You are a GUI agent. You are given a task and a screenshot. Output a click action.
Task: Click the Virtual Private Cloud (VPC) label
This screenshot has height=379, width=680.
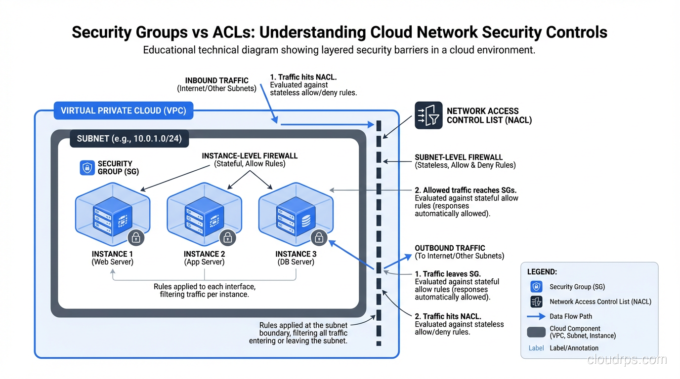[x=123, y=111]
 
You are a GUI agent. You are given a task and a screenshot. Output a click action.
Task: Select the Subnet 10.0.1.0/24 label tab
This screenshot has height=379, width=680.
[x=129, y=139]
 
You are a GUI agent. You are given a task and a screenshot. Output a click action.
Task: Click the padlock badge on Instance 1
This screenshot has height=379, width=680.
[x=136, y=237]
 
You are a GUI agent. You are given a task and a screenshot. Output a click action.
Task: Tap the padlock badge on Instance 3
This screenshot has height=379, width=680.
[x=319, y=237]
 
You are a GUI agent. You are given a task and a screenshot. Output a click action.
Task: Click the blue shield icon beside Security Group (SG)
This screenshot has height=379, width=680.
[x=87, y=168]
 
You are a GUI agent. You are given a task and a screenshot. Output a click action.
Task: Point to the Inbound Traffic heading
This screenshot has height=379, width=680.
[x=216, y=80]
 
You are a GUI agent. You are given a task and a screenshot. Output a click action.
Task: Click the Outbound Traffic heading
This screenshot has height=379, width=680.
[x=450, y=248]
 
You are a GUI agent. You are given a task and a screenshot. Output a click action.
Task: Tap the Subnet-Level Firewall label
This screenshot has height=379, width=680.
[x=459, y=157]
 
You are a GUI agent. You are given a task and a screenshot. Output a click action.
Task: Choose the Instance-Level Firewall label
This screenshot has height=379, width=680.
[x=250, y=156]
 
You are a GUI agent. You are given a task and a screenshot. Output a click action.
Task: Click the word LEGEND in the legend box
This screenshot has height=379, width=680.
[x=542, y=272]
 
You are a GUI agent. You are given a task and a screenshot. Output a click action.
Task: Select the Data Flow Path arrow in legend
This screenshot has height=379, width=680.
[x=536, y=316]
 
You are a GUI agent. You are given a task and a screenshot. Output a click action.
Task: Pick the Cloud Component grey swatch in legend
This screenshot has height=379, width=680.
[x=536, y=332]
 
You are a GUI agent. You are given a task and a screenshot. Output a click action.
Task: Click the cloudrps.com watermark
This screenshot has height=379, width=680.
[x=627, y=360]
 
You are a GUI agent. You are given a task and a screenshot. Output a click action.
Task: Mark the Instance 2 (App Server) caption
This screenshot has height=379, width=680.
[x=204, y=258]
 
